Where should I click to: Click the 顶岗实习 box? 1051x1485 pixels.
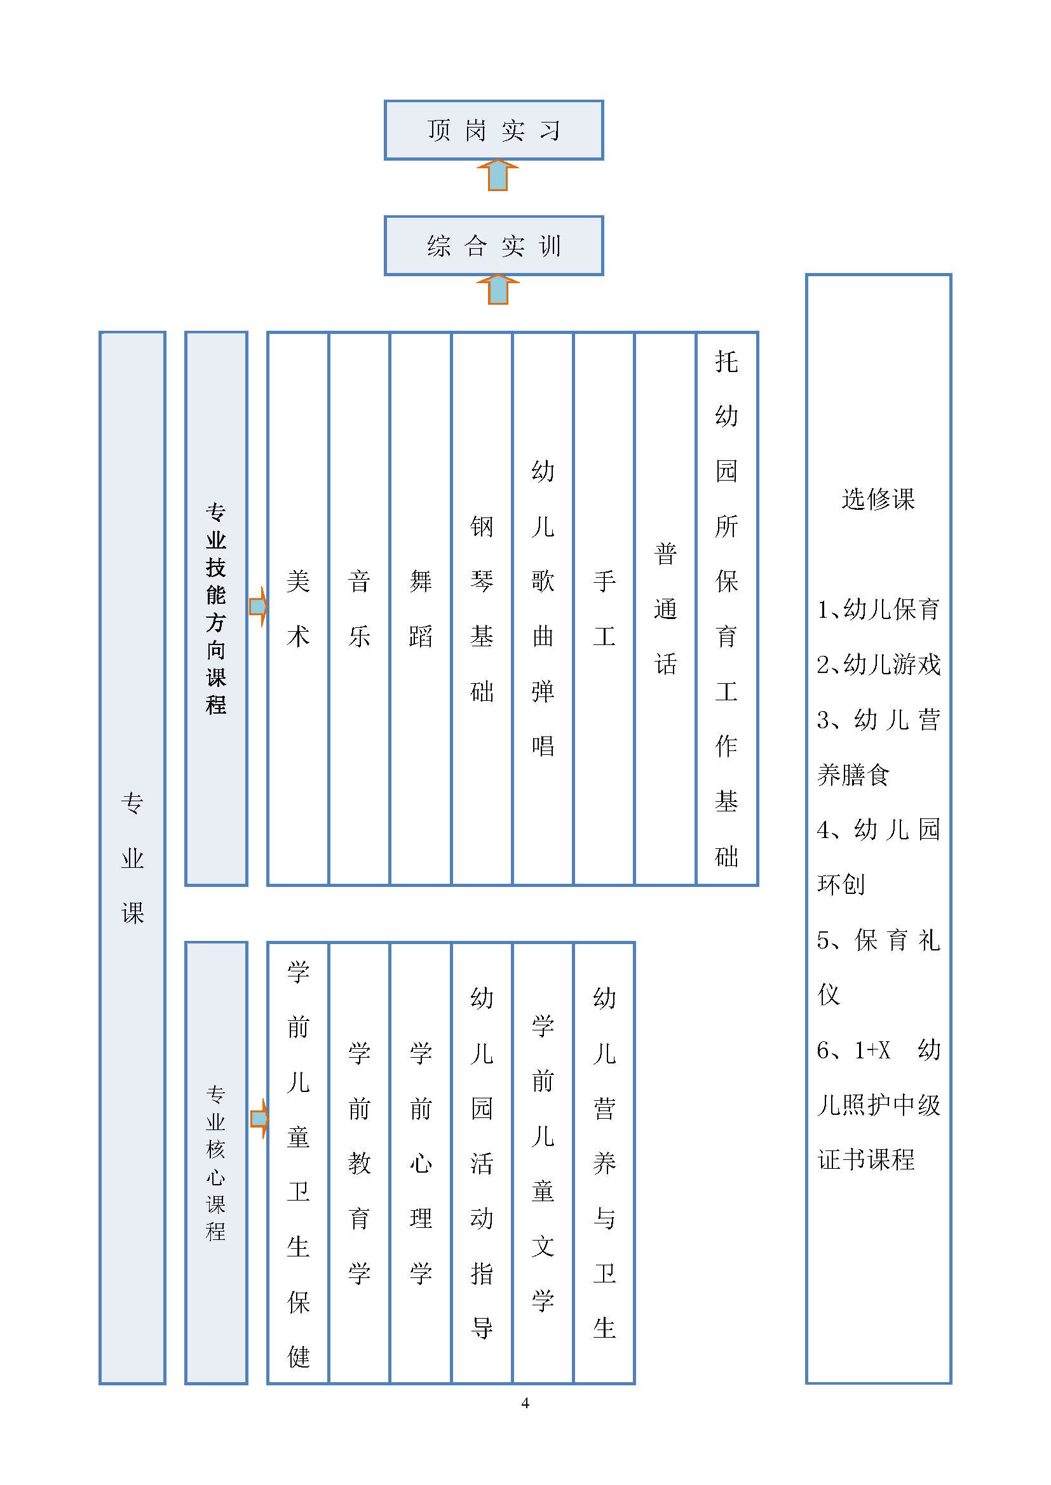pyautogui.click(x=494, y=130)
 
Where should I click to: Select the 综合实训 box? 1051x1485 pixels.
pyautogui.click(x=494, y=246)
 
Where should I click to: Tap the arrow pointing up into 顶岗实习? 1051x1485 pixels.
pyautogui.click(x=498, y=175)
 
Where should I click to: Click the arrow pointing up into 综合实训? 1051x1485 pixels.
pyautogui.click(x=498, y=290)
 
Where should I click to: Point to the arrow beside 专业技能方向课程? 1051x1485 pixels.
pyautogui.click(x=258, y=607)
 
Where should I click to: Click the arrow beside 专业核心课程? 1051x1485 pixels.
pyautogui.click(x=259, y=1118)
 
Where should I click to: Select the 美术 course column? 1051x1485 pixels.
pyautogui.click(x=299, y=609)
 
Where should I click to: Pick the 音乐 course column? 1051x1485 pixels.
pyautogui.click(x=359, y=609)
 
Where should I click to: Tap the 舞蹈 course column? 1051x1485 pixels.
pyautogui.click(x=421, y=609)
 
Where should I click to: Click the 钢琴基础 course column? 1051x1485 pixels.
pyautogui.click(x=482, y=609)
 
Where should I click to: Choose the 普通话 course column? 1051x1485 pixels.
pyautogui.click(x=665, y=609)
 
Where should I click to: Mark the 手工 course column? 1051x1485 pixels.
pyautogui.click(x=604, y=609)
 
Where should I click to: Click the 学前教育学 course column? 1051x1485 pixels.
pyautogui.click(x=359, y=1163)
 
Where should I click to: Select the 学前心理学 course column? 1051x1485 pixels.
pyautogui.click(x=421, y=1163)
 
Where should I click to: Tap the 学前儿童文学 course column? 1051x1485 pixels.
pyautogui.click(x=543, y=1163)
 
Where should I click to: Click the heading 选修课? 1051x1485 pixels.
pyautogui.click(x=878, y=499)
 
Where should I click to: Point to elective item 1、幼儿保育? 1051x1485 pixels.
pyautogui.click(x=878, y=609)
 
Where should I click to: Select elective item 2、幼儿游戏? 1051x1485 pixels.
pyautogui.click(x=878, y=664)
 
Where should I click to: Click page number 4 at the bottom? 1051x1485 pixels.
pyautogui.click(x=525, y=1403)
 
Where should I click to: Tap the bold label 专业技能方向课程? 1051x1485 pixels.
pyautogui.click(x=216, y=609)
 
